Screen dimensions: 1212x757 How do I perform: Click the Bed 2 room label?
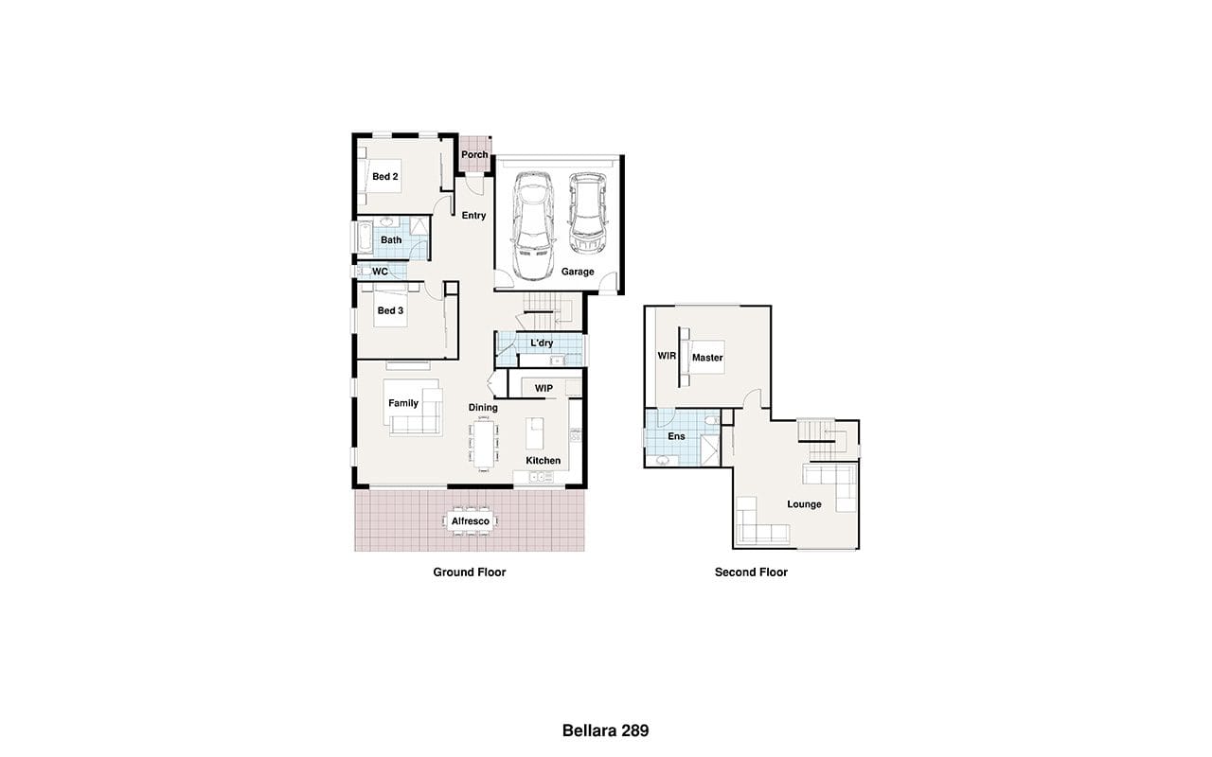384,176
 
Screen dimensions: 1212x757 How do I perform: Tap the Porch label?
474,154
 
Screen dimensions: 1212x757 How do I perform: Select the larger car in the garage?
533,226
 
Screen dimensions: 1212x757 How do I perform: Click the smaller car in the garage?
588,214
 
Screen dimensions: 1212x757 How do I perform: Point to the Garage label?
578,272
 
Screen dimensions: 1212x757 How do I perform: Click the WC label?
380,272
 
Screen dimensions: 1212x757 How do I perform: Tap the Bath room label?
391,239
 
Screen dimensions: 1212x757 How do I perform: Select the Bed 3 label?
390,310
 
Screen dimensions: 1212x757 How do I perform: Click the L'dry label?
542,343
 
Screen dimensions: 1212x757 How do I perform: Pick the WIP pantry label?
544,388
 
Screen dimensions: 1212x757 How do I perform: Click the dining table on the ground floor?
484,444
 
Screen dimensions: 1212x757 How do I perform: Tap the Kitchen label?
544,460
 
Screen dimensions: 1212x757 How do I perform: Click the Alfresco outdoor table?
471,520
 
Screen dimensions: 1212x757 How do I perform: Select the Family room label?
403,403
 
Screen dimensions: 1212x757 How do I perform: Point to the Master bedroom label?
707,358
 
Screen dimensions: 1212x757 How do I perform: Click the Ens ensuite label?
676,436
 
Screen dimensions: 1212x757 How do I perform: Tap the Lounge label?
804,504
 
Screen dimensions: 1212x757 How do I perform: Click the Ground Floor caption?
469,572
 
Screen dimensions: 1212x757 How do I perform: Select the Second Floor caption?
751,572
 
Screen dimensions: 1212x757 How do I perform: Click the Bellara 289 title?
605,731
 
